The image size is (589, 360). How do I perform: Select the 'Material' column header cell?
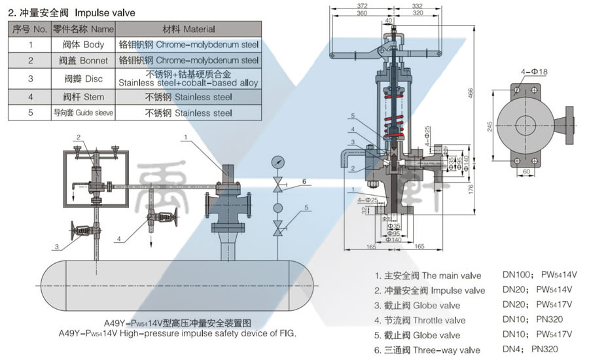click(189, 29)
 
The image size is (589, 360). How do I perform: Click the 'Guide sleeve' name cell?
click(83, 113)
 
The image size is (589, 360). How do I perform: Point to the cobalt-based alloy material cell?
click(189, 79)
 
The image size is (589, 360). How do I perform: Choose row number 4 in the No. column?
click(31, 97)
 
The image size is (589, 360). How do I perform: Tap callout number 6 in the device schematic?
click(304, 181)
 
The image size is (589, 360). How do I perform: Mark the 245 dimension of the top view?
click(490, 128)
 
